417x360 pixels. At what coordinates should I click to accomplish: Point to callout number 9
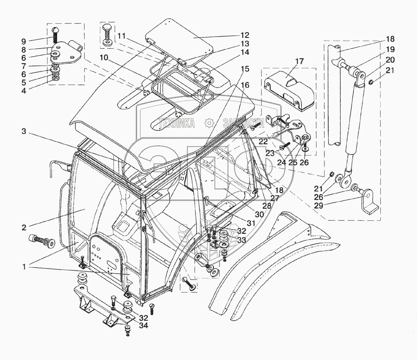tap(23, 41)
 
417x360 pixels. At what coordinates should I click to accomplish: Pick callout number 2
tap(24, 227)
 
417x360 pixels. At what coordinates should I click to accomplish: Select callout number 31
tap(250, 223)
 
